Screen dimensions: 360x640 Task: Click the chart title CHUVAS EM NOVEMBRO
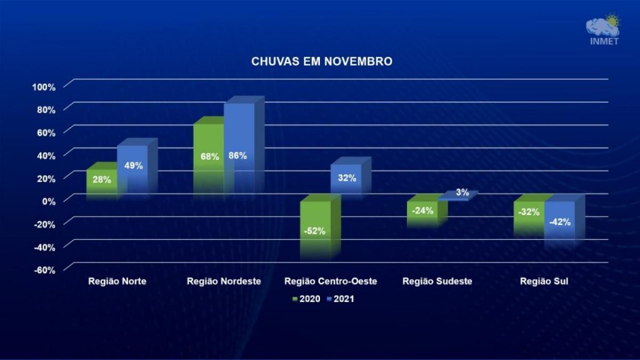pos(322,62)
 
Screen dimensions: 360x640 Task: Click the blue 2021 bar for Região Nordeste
pos(239,150)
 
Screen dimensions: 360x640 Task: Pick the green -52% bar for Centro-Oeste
pos(315,229)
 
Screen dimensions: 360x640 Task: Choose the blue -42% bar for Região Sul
pos(559,222)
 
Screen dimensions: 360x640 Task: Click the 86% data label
pos(237,156)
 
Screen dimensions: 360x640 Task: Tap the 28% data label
pos(102,180)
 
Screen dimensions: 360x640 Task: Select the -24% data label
pos(423,211)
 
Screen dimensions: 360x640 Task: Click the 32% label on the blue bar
pos(347,178)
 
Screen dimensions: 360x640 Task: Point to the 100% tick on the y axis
pos(44,86)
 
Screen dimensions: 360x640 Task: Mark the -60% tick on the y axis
pos(44,269)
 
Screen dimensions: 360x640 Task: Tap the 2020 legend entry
pos(307,299)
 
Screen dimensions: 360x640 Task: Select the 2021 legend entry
pos(340,299)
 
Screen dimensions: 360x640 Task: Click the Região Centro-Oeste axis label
pos(331,281)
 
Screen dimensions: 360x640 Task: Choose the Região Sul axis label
pos(543,281)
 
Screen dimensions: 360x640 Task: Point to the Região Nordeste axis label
pos(224,281)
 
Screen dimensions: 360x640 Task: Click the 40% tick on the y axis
pos(46,155)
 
